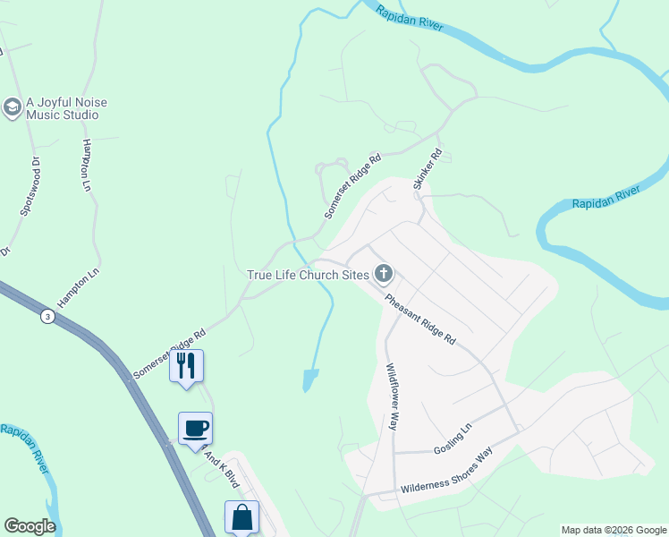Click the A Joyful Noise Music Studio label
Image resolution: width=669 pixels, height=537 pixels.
[x=66, y=109]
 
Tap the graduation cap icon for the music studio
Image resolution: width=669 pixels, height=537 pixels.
[x=12, y=108]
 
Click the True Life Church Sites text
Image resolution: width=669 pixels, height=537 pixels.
[x=308, y=274]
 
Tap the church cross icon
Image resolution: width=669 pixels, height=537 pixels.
[x=384, y=272]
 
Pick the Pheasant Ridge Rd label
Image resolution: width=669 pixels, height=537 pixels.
[x=420, y=320]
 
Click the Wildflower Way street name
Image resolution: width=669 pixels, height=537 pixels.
[x=391, y=396]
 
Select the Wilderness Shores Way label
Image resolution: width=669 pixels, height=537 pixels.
[x=446, y=472]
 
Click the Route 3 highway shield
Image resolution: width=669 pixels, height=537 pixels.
[x=47, y=316]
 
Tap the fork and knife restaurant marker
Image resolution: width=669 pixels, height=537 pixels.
[x=186, y=365]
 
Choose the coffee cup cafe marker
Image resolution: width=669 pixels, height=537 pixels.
[x=195, y=428]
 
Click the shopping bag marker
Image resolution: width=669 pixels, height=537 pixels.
[x=241, y=516]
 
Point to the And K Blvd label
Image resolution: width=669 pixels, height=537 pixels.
[x=224, y=469]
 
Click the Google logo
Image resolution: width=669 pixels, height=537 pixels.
[x=30, y=526]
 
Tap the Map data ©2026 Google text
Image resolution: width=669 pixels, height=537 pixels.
[x=614, y=530]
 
